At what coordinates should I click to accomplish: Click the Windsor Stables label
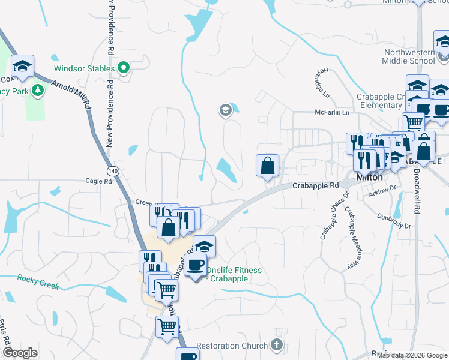pos(84,68)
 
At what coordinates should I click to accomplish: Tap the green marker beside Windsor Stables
pos(124,68)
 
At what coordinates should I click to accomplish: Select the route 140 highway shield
pos(114,172)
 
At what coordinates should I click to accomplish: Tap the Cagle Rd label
pos(98,181)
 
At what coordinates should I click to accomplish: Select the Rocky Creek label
pos(38,281)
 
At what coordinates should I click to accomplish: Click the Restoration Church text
pos(232,346)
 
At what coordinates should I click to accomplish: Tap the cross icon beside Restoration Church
pos(276,345)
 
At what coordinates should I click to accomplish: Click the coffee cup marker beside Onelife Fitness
pos(195,266)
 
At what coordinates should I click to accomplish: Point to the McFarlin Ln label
pos(332,112)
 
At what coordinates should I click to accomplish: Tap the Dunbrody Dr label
pos(394,221)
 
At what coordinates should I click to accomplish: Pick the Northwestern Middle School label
pos(409,56)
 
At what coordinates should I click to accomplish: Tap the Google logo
pos(20,353)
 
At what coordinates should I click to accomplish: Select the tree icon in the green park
pos(38,91)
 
